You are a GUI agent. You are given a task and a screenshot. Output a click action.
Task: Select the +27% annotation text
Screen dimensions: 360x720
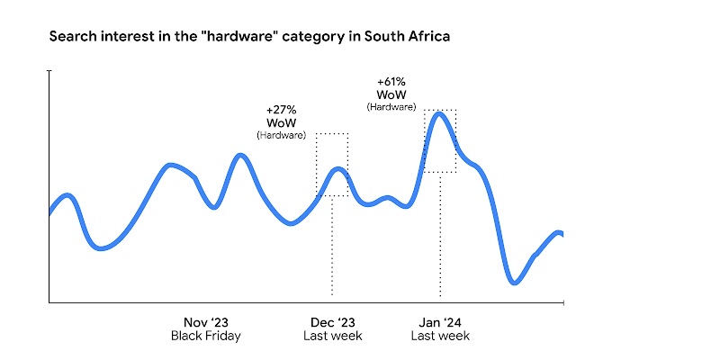click(x=282, y=110)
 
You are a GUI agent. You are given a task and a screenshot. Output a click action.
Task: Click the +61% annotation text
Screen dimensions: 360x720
click(x=391, y=81)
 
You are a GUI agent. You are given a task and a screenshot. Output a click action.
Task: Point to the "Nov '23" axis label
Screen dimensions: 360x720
click(x=206, y=322)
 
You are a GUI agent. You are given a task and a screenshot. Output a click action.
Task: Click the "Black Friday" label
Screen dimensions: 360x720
click(x=206, y=336)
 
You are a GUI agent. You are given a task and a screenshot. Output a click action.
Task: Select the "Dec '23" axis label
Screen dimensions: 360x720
click(x=332, y=322)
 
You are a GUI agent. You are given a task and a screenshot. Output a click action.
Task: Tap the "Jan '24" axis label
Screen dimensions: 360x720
click(x=440, y=322)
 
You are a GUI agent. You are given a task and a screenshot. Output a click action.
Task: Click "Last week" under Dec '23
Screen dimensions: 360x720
click(x=332, y=336)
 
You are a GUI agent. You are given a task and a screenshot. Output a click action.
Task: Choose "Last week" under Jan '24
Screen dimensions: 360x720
click(x=440, y=336)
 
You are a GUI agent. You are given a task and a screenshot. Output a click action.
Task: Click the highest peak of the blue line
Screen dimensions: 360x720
click(x=438, y=113)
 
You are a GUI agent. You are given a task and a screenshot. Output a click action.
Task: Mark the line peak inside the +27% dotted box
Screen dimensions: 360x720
click(x=337, y=168)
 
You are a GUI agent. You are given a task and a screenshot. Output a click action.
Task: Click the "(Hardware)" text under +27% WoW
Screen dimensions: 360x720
click(x=282, y=135)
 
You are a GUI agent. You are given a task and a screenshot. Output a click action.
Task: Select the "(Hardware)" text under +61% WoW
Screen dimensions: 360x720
click(x=391, y=106)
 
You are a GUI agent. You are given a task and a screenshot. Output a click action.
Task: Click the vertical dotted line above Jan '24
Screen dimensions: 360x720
click(x=440, y=234)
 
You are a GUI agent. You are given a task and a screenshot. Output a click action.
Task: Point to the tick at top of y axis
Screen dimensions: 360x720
click(x=49, y=70)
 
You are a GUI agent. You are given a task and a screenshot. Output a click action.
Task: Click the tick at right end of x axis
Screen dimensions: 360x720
click(x=563, y=302)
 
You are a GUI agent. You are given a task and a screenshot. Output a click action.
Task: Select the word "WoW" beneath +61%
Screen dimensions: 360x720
click(x=391, y=94)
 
